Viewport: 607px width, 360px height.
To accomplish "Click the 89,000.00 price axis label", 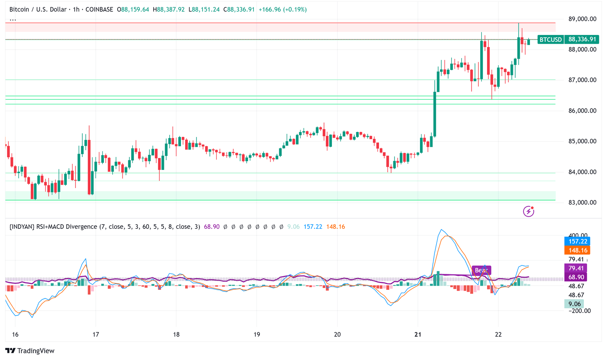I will click(582, 19).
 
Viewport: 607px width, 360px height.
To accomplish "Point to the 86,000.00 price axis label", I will click(582, 111).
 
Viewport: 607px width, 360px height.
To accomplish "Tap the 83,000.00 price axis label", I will click(582, 203).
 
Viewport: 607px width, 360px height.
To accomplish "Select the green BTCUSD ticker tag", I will click(550, 39).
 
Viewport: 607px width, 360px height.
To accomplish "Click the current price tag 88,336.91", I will click(582, 39).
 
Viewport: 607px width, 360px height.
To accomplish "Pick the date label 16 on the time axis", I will click(15, 335).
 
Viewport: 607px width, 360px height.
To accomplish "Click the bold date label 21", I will click(418, 335).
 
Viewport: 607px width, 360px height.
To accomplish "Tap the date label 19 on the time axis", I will click(257, 335).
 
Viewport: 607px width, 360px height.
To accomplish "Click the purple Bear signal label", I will click(481, 270).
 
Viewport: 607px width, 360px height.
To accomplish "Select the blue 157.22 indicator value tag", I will click(577, 241).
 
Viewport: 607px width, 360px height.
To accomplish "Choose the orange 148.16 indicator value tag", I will click(577, 250).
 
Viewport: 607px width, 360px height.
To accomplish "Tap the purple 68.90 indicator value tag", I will click(576, 277).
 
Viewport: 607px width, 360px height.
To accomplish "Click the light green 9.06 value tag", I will click(574, 304).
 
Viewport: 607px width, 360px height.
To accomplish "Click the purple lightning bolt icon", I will click(528, 211).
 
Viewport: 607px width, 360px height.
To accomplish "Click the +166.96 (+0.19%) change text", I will click(283, 9).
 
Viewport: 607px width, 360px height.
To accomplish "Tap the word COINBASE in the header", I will click(99, 9).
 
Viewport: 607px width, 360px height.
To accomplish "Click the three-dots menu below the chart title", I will click(13, 19).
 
